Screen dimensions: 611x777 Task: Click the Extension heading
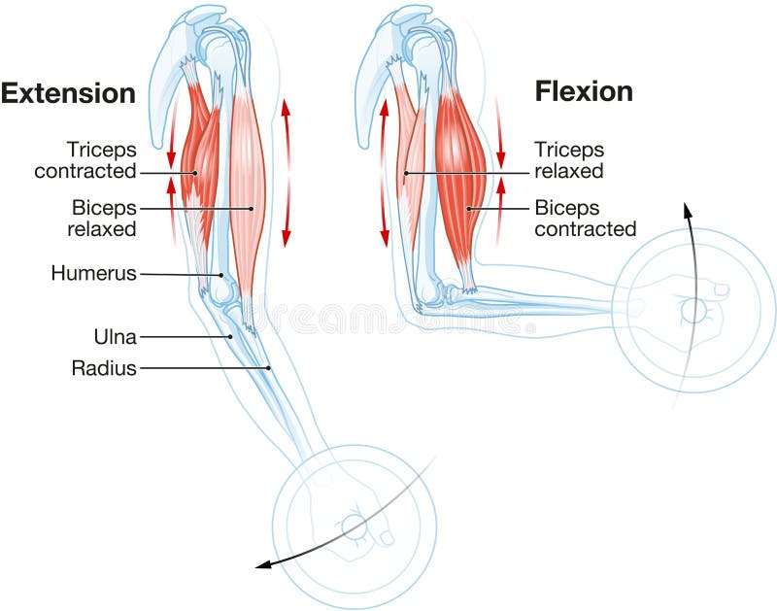pos(68,93)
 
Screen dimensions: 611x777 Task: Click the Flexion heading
pos(584,91)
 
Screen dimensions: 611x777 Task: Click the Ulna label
pos(113,337)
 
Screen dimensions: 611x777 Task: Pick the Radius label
pos(104,368)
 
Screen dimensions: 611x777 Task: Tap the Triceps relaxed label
pos(569,160)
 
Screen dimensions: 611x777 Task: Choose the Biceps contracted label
pos(585,218)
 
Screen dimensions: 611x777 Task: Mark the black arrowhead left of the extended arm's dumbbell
pos(263,565)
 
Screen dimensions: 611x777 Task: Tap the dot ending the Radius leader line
pos(270,368)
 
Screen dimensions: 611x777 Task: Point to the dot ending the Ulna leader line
pos(230,337)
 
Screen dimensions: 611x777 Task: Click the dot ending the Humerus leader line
pos(221,276)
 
